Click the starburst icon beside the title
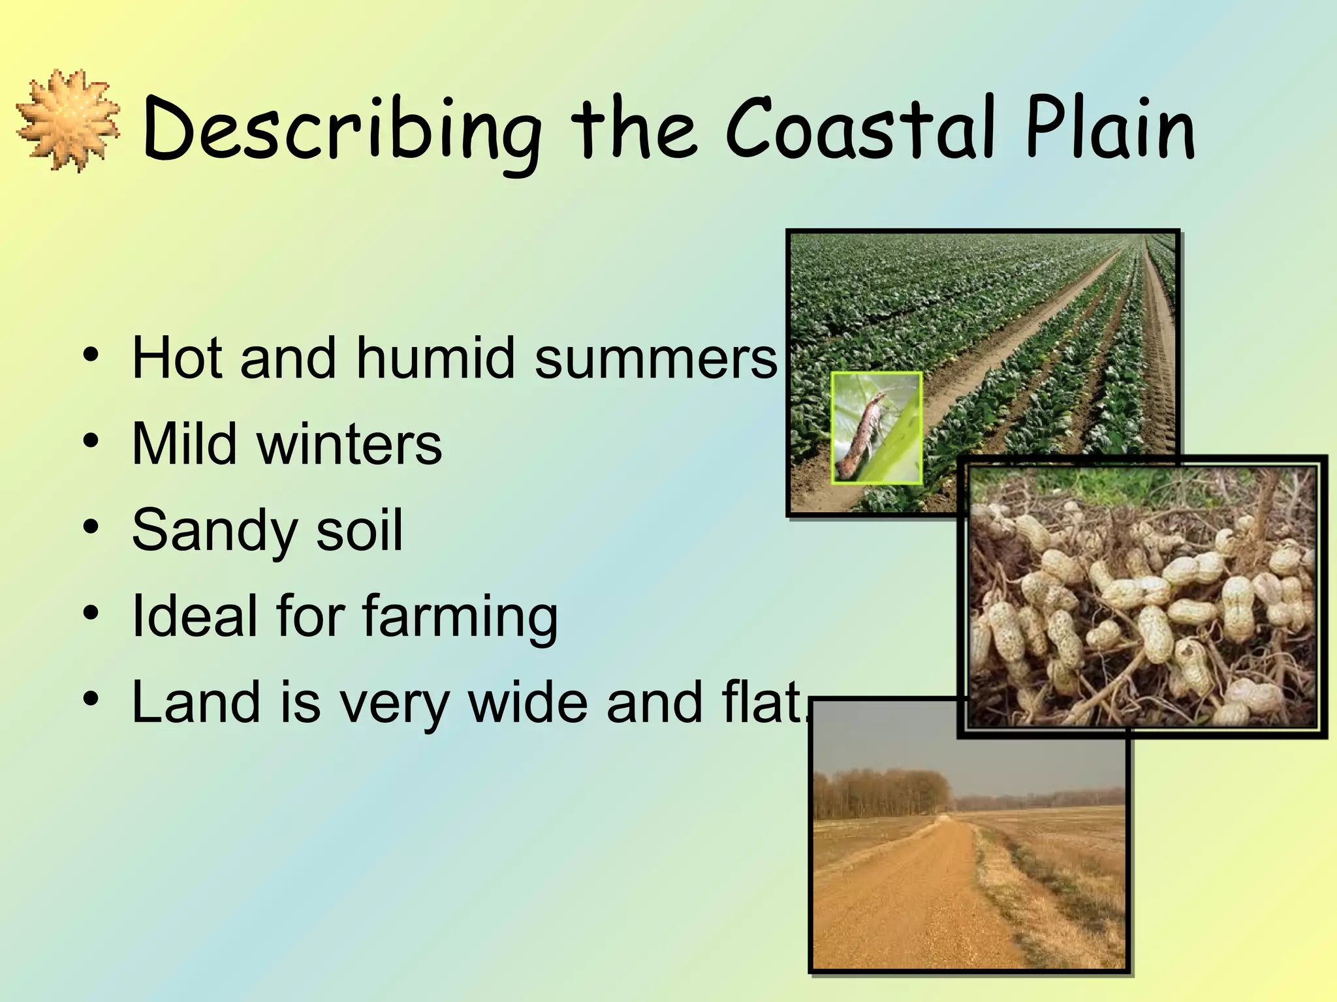68,120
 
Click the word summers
656,359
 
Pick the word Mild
184,444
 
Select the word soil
359,530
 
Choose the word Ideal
193,616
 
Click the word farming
460,617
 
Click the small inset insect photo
876,428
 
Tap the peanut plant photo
1142,597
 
